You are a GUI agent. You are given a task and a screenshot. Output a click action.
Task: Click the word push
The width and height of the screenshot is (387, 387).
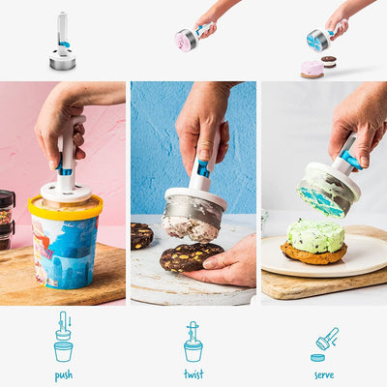[x=64, y=374]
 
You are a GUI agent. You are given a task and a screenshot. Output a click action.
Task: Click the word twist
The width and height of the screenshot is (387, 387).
[x=193, y=374]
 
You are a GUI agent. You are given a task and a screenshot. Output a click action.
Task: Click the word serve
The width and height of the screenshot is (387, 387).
[x=324, y=374]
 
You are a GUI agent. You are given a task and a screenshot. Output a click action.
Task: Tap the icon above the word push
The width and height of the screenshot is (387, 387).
[x=64, y=337]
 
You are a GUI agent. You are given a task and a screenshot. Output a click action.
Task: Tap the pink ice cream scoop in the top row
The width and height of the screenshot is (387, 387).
[x=186, y=40]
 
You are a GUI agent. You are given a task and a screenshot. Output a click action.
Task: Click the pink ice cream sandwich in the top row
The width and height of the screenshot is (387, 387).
[x=312, y=69]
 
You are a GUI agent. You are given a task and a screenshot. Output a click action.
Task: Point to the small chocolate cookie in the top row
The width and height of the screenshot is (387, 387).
[x=329, y=61]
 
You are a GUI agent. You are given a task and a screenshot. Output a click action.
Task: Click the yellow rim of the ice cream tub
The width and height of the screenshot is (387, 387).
[x=65, y=208]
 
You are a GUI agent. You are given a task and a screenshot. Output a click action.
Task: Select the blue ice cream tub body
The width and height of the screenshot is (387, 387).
[x=65, y=253]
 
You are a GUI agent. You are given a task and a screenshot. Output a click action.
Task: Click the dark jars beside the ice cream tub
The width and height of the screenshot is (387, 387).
[x=7, y=219]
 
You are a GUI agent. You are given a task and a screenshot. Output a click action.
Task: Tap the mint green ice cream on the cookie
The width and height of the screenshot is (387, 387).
[x=314, y=235]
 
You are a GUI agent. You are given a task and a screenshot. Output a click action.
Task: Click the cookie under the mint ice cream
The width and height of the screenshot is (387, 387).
[x=313, y=254]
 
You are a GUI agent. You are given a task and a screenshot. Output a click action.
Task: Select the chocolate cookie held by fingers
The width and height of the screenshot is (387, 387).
[x=188, y=256]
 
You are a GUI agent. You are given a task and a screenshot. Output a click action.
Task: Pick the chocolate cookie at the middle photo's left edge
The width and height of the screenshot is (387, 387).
[x=142, y=236]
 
